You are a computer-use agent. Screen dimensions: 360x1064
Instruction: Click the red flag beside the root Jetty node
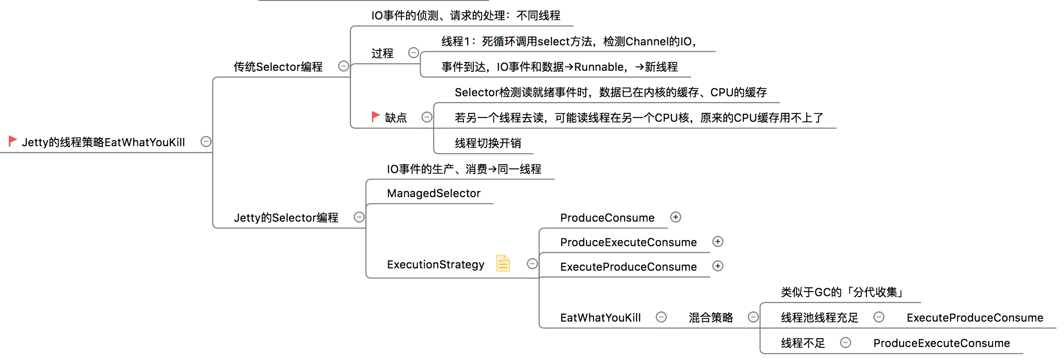pyautogui.click(x=12, y=141)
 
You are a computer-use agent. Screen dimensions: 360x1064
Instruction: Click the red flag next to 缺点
pyautogui.click(x=376, y=116)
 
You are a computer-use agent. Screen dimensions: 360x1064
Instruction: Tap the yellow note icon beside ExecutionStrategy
pyautogui.click(x=503, y=263)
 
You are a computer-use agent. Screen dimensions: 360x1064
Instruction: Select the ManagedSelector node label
pyautogui.click(x=433, y=193)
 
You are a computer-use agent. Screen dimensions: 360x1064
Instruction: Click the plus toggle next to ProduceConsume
pyautogui.click(x=675, y=217)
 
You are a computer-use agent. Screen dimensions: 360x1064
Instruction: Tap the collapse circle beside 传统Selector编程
pyautogui.click(x=343, y=66)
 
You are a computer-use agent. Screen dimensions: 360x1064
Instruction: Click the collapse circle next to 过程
pyautogui.click(x=414, y=53)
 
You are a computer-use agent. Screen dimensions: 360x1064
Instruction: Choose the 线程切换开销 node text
pyautogui.click(x=488, y=143)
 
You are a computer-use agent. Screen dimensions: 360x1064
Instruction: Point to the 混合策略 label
pyautogui.click(x=711, y=317)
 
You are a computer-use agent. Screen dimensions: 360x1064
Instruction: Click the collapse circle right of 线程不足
pyautogui.click(x=845, y=342)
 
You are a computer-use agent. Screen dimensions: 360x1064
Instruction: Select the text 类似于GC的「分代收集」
pyautogui.click(x=842, y=292)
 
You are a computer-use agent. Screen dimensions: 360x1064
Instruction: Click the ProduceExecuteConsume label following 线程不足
pyautogui.click(x=941, y=343)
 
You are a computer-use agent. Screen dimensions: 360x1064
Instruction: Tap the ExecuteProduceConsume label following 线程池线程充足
pyautogui.click(x=975, y=317)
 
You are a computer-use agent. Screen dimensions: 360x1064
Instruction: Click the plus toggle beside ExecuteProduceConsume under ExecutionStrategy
pyautogui.click(x=718, y=266)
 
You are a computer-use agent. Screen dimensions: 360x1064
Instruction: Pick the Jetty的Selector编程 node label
pyautogui.click(x=286, y=217)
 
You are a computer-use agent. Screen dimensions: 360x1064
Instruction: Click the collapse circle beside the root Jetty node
pyautogui.click(x=206, y=142)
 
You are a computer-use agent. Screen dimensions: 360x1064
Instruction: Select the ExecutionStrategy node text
pyautogui.click(x=435, y=264)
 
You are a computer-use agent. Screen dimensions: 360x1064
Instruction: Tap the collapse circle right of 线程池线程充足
pyautogui.click(x=878, y=317)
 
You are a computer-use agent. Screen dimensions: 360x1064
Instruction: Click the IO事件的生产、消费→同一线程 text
pyautogui.click(x=464, y=169)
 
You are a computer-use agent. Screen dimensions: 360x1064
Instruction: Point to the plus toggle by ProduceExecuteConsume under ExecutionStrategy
pyautogui.click(x=718, y=242)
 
